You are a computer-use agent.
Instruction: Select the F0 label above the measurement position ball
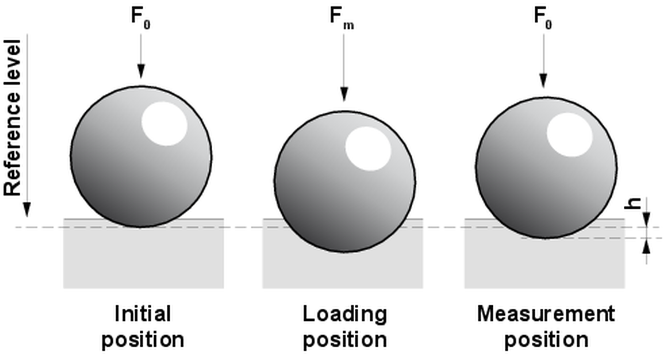tap(544, 17)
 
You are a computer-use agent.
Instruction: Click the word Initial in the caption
tap(143, 315)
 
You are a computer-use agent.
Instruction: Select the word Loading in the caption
tap(345, 315)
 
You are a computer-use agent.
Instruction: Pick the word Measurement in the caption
tap(546, 315)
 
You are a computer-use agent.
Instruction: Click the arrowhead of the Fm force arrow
tap(344, 95)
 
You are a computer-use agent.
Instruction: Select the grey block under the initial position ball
tap(144, 260)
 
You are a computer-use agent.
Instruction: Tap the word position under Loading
tap(345, 339)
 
